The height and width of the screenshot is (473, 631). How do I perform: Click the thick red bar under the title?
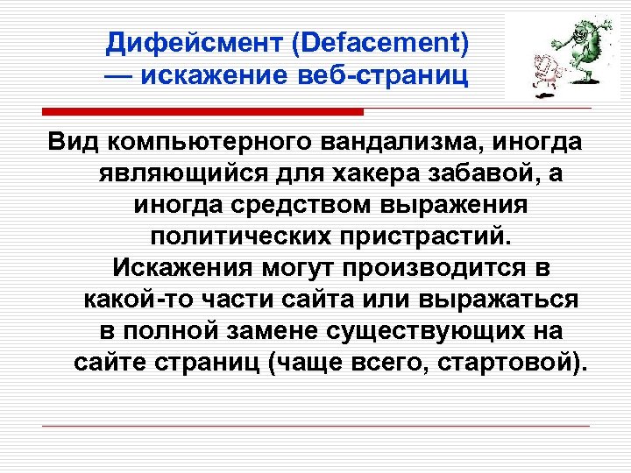click(x=202, y=112)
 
